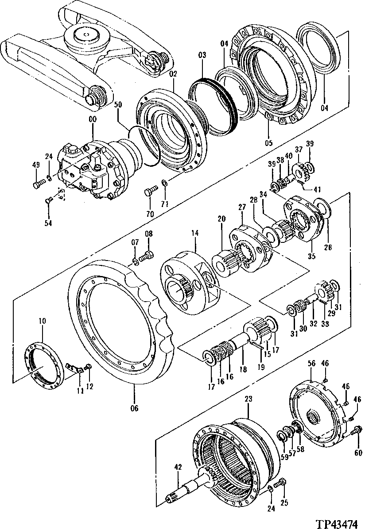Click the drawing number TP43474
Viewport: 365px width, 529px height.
pos(337,523)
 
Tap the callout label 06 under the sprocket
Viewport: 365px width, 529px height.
pos(133,408)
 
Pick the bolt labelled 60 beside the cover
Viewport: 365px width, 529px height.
pos(355,429)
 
